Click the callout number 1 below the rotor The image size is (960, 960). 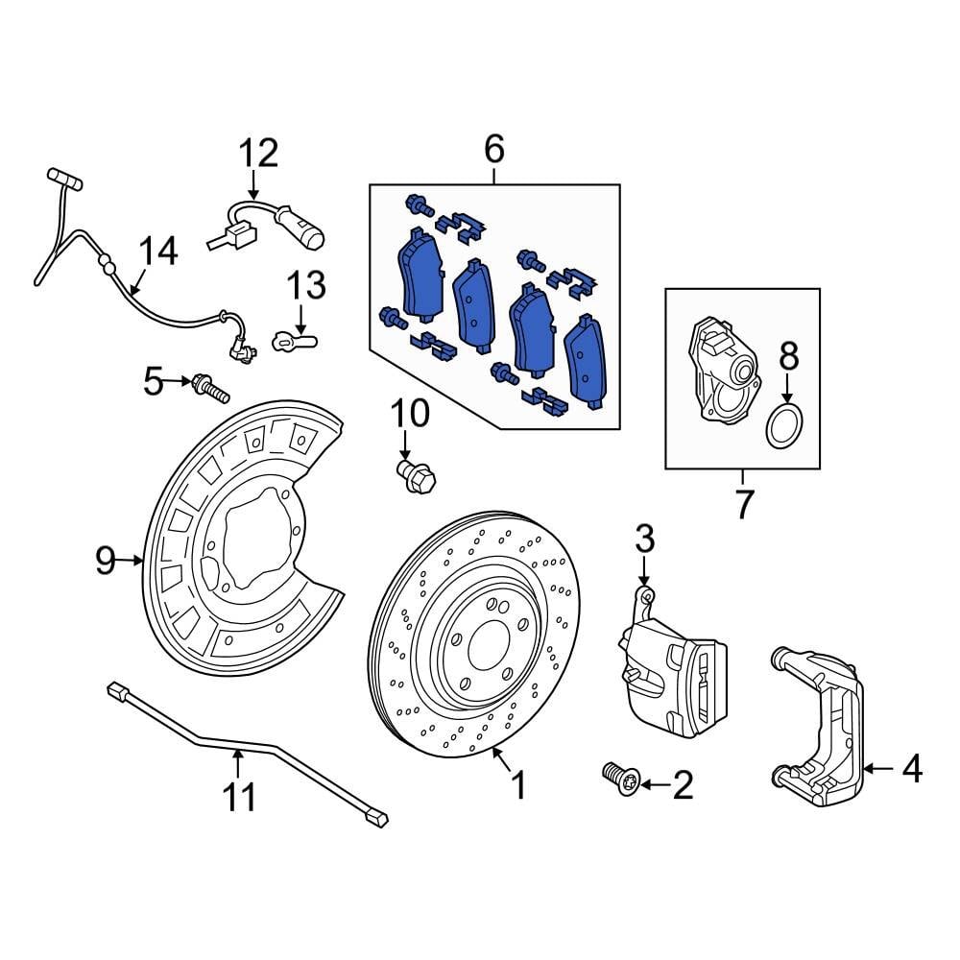(518, 787)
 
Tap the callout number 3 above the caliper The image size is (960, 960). (644, 539)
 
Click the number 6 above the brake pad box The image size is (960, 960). (493, 150)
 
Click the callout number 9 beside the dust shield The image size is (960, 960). (106, 559)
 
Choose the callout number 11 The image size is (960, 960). (239, 796)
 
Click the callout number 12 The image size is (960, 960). (257, 153)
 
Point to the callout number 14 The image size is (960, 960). (156, 252)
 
